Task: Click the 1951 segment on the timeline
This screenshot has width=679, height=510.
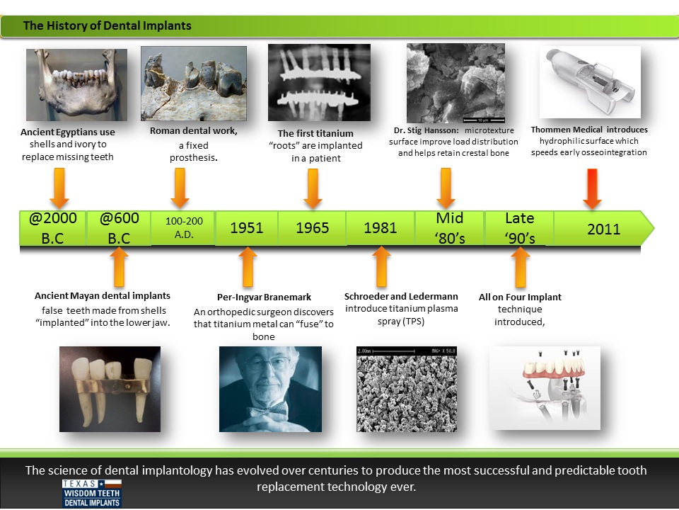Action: click(246, 228)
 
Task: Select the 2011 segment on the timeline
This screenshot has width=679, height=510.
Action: click(603, 229)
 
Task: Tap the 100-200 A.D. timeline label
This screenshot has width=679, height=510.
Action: click(184, 228)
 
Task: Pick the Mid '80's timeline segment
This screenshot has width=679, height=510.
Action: click(450, 228)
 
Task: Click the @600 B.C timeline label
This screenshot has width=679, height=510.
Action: click(119, 228)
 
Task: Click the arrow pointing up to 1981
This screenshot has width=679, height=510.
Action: click(381, 266)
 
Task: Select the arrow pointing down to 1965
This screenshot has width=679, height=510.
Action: click(311, 188)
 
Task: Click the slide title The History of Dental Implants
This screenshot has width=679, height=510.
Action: click(108, 26)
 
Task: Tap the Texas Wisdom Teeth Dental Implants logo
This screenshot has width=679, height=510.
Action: click(91, 493)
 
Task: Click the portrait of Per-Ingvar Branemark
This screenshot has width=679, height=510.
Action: click(270, 389)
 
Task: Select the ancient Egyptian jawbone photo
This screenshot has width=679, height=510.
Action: click(76, 85)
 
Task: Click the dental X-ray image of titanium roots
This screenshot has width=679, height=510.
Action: click(319, 82)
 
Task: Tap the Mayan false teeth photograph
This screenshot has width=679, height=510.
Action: click(110, 389)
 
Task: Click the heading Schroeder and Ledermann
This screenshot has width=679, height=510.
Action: click(401, 297)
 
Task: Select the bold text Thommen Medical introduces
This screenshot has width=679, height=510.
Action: click(589, 130)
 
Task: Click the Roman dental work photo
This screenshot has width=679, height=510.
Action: click(194, 84)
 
